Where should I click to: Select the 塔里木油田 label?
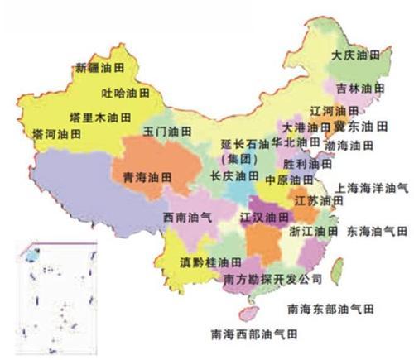[x=95, y=116]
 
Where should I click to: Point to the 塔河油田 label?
[x=55, y=132]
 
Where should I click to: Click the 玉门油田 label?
[x=166, y=132]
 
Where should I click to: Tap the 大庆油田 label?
[x=355, y=55]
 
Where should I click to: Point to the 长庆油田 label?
[x=234, y=176]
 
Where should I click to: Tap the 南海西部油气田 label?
[x=253, y=334]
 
